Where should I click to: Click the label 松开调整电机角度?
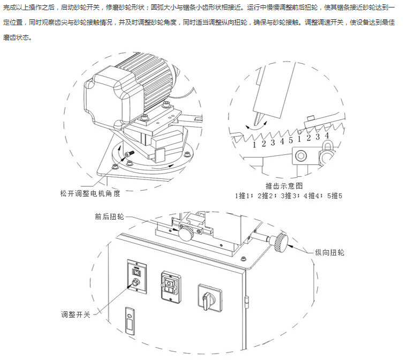coord(89,193)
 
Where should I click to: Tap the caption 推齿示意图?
coord(284,186)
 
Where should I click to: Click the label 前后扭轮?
coord(109,216)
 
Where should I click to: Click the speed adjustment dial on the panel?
coord(137,281)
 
